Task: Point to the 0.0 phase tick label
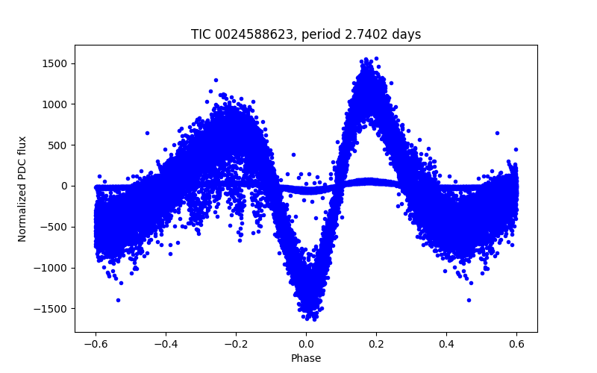tap(306, 344)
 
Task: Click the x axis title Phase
tap(306, 358)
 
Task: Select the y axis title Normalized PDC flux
tap(22, 189)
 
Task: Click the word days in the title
tap(407, 35)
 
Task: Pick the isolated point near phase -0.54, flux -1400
tap(118, 300)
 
